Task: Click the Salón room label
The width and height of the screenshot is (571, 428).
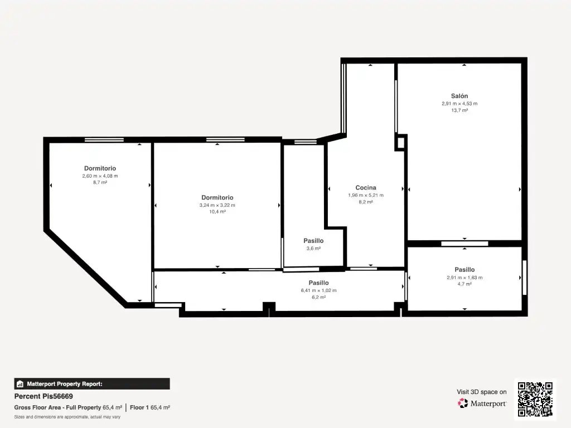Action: [x=459, y=96]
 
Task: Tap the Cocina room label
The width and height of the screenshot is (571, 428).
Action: [x=366, y=188]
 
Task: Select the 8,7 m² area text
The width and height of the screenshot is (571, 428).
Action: [x=100, y=182]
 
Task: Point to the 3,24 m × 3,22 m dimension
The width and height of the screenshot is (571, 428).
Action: [x=217, y=205]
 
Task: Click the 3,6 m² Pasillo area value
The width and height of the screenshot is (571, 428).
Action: [x=313, y=249]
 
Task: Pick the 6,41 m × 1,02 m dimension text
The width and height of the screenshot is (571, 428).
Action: [x=318, y=290]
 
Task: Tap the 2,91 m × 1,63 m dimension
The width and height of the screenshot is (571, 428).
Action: [x=464, y=278]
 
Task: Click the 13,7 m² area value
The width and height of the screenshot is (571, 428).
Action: [x=459, y=110]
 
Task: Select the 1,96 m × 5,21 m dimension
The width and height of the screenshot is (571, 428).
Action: [x=366, y=195]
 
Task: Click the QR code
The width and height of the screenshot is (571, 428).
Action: [x=535, y=399]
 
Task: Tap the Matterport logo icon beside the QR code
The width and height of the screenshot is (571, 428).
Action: [x=463, y=403]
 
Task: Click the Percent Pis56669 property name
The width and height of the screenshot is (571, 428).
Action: [x=43, y=396]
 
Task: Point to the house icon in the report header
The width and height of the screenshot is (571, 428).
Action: [x=20, y=384]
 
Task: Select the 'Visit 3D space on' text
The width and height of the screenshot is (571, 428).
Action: [x=481, y=392]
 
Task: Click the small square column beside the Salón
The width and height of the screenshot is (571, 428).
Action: [x=400, y=142]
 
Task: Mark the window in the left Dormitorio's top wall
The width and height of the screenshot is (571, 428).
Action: [x=104, y=140]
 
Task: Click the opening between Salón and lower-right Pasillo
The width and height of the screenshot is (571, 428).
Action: [x=464, y=244]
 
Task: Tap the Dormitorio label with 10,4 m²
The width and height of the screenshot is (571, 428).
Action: [x=217, y=198]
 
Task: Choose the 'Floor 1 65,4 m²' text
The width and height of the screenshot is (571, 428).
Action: [x=150, y=407]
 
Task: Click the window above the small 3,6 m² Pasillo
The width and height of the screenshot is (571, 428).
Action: [x=306, y=142]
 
